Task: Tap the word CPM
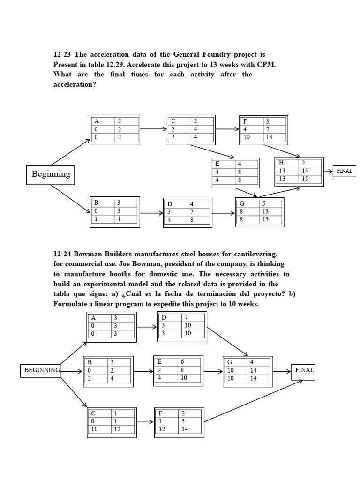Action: point(266,65)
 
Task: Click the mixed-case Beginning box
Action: point(51,174)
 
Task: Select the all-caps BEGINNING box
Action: point(42,370)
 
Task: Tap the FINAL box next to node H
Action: point(344,171)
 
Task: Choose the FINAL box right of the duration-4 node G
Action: point(303,370)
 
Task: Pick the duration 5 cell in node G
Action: point(265,203)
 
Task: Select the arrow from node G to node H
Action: point(280,192)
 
